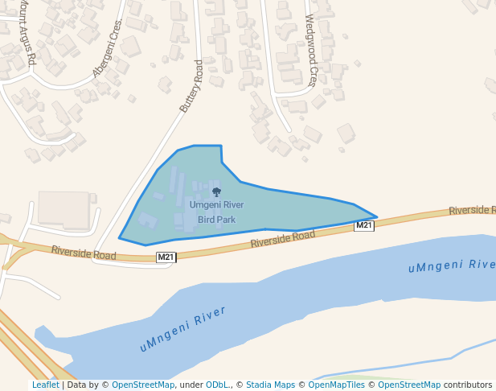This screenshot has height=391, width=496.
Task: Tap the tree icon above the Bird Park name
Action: tap(216, 192)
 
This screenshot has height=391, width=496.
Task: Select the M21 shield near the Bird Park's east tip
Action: tap(364, 226)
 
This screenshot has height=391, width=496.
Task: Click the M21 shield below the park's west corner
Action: tap(166, 257)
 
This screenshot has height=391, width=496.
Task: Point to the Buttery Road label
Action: tap(191, 85)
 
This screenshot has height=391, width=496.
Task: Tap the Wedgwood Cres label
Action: tap(310, 50)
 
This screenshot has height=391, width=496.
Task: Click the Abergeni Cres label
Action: tap(109, 48)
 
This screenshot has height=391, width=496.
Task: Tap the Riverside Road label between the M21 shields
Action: tap(282, 239)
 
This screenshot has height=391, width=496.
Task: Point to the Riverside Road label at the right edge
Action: tap(472, 210)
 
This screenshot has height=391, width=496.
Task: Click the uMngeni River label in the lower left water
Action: tap(182, 329)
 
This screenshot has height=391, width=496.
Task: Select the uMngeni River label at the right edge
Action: tap(451, 265)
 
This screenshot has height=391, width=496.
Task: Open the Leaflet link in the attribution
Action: tap(46, 385)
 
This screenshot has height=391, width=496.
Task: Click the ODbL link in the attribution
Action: tap(217, 385)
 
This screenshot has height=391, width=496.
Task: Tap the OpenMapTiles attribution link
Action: tap(338, 385)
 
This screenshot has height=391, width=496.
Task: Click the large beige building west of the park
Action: tap(64, 208)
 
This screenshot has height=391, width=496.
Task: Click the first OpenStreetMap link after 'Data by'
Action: tap(143, 385)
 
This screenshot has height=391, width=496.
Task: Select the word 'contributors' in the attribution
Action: tap(468, 385)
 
